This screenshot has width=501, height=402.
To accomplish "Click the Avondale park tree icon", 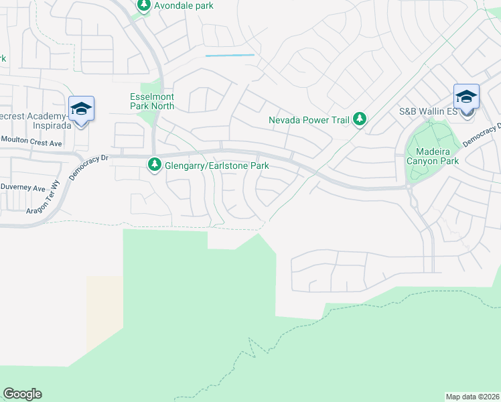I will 144,5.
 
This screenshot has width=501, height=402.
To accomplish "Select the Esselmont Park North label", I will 152,101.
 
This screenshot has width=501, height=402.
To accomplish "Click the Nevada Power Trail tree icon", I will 360,119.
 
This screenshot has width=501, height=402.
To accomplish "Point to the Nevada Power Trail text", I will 309,121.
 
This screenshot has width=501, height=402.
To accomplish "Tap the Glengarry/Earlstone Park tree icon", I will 155,164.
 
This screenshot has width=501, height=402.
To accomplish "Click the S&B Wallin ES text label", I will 428,111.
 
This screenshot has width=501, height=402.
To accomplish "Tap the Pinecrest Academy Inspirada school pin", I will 81,109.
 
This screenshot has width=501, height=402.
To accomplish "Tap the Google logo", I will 22,394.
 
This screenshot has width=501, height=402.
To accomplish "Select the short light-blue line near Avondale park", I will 230,55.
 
